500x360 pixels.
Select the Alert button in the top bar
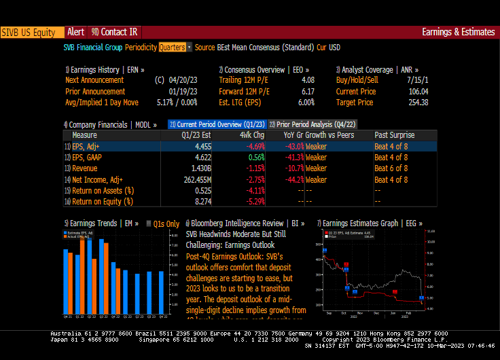click(75, 32)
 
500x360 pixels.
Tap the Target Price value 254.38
click(416, 103)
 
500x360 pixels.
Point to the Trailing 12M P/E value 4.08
click(307, 81)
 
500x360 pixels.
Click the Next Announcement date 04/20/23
click(184, 81)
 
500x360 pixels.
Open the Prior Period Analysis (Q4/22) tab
click(312, 124)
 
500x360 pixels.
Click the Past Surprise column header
click(394, 135)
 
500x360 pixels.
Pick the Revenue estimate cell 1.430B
click(200, 168)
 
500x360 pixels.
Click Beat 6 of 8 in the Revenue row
click(391, 168)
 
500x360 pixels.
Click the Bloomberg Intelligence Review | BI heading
click(245, 223)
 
